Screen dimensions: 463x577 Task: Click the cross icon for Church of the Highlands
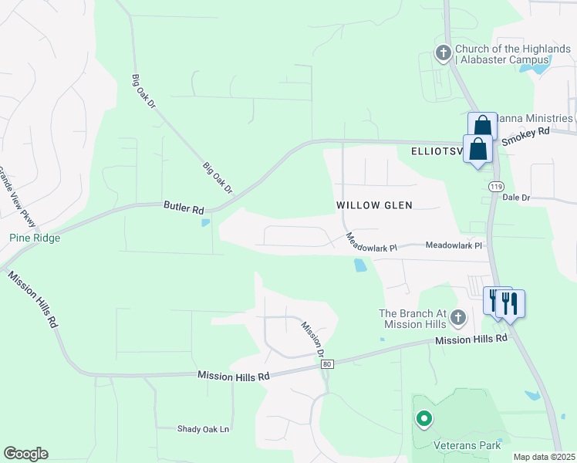coord(443,53)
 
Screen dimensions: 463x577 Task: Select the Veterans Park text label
coord(465,445)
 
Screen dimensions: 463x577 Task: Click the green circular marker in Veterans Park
coord(423,419)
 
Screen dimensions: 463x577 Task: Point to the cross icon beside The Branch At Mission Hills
coord(459,318)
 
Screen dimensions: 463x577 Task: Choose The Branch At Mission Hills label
coord(413,319)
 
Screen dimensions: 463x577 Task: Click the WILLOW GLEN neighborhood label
coord(374,205)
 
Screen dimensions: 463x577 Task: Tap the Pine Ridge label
coord(35,238)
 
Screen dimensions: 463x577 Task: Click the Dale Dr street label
coord(516,198)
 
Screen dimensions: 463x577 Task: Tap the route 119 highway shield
coord(495,186)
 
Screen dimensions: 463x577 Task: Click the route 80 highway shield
coord(327,364)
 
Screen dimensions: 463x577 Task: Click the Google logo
coord(25,454)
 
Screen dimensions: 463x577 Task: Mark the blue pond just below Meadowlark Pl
coord(360,265)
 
